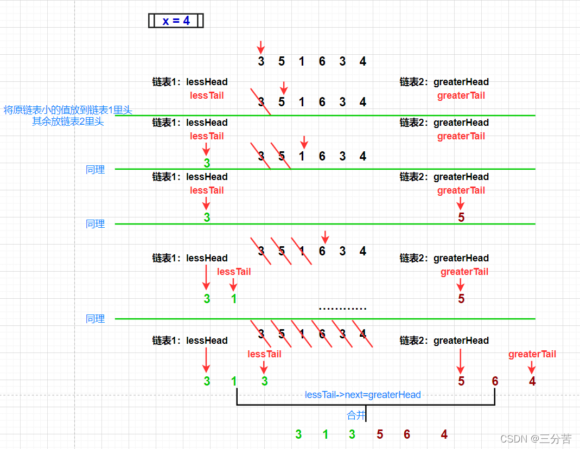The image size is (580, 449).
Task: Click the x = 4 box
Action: point(176,21)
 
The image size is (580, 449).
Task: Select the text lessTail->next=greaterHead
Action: point(363,395)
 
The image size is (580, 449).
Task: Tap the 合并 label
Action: point(356,415)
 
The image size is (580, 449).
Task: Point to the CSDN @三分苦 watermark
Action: point(536,439)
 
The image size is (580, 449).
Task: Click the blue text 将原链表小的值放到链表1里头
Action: point(68,110)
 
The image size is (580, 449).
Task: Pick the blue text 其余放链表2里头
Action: point(68,121)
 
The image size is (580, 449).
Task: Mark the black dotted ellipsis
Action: point(342,309)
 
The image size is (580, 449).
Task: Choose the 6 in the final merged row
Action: point(407,434)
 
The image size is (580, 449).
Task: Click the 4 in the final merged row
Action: point(444,434)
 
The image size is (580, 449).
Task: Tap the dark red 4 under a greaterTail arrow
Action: point(532,381)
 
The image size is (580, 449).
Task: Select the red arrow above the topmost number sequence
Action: point(261,47)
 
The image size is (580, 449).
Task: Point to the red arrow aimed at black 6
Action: point(325,237)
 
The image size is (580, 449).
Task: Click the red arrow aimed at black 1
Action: point(304,142)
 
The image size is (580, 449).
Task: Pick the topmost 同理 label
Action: point(95,170)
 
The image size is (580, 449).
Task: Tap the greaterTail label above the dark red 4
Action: point(532,354)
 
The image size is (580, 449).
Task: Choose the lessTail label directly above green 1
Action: point(234,272)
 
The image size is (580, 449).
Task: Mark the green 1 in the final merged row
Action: point(326,434)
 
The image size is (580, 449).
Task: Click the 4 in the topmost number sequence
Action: point(363,61)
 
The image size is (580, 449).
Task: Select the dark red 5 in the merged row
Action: point(380,434)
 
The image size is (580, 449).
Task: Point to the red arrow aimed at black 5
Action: point(283,87)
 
